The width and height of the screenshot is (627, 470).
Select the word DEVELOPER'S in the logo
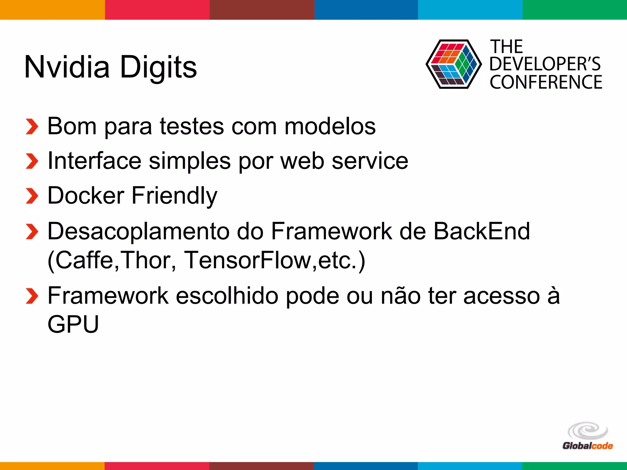(x=545, y=64)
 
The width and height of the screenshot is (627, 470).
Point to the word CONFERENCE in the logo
(x=546, y=82)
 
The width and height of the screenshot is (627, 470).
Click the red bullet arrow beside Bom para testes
(x=32, y=126)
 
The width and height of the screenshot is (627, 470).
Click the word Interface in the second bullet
(x=94, y=161)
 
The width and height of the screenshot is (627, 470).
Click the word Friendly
(x=175, y=196)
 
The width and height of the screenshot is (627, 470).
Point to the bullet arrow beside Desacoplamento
(x=32, y=231)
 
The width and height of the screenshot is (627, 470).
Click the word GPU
(x=73, y=324)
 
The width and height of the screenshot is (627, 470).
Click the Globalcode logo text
(x=588, y=446)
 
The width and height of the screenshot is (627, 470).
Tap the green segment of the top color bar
(x=575, y=10)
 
